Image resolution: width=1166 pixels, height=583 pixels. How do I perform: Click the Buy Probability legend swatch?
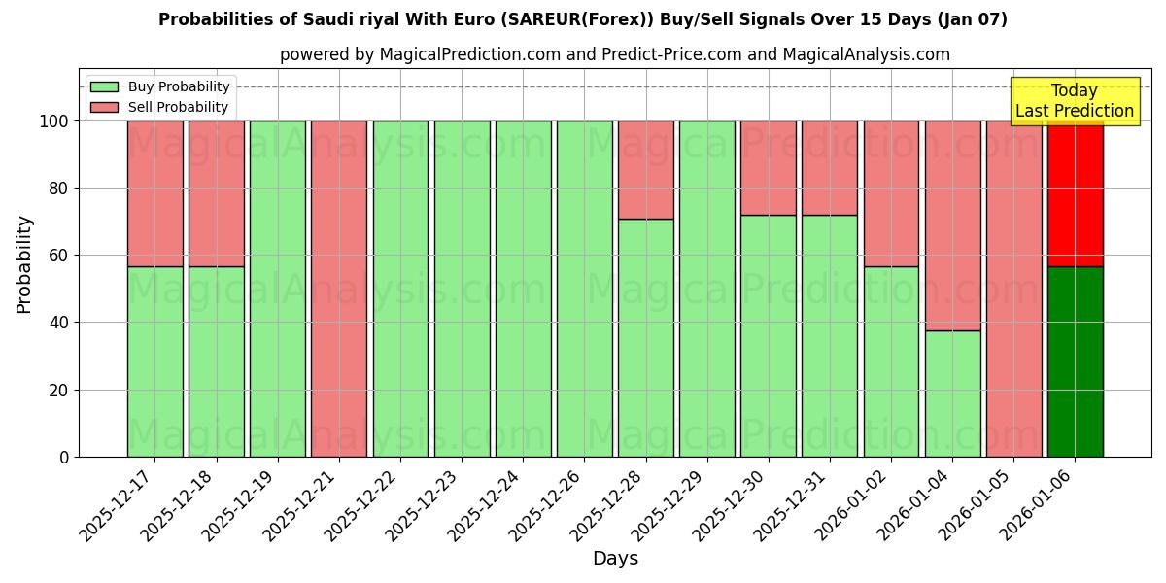(103, 86)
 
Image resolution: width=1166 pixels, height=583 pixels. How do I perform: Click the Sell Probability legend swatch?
(103, 107)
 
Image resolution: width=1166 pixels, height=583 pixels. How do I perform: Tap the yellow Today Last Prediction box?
(1074, 101)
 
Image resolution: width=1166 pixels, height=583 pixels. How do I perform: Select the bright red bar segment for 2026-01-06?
(1075, 194)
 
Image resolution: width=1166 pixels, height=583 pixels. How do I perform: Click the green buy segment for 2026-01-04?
(952, 394)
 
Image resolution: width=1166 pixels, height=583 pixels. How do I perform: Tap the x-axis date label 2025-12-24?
(486, 505)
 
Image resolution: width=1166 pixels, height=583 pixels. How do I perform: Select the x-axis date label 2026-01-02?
(854, 505)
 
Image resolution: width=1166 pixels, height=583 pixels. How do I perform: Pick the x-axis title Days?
(615, 559)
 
